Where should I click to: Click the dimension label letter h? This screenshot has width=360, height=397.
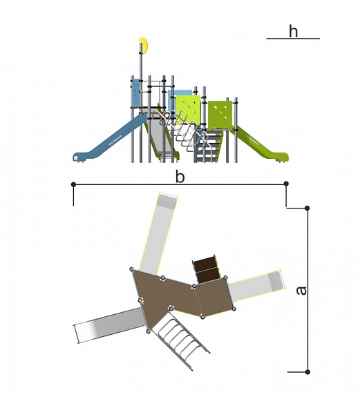pyautogui.click(x=293, y=31)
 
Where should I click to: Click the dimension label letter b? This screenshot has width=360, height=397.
pyautogui.click(x=180, y=177)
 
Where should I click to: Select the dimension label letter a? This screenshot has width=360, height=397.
pyautogui.click(x=301, y=291)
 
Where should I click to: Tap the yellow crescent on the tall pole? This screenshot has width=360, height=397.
pyautogui.click(x=144, y=46)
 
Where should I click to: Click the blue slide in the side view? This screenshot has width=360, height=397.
pyautogui.click(x=109, y=141)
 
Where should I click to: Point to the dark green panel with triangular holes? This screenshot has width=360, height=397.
pyautogui.click(x=220, y=115)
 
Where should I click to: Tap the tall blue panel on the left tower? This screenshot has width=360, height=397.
pyautogui.click(x=135, y=93)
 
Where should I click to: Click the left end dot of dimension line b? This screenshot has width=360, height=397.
pyautogui.click(x=73, y=184)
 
